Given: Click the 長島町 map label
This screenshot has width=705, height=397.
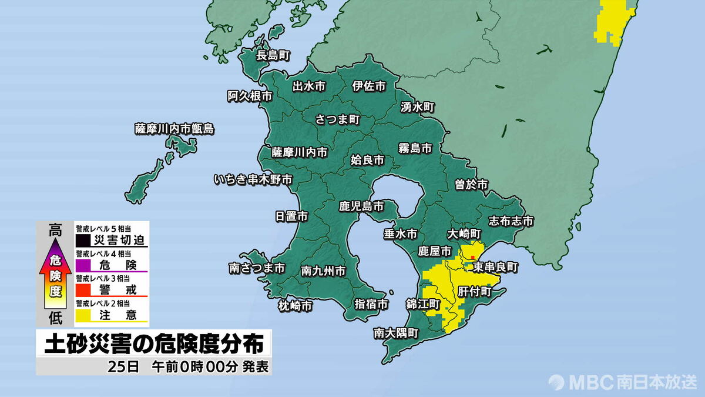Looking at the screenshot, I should (273, 56).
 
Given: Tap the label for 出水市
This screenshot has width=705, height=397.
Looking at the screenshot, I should (309, 86).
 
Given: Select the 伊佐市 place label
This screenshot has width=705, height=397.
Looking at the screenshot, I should (369, 86).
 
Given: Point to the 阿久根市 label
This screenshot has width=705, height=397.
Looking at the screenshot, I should (250, 96).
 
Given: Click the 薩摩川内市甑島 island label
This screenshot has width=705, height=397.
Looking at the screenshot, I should (174, 129).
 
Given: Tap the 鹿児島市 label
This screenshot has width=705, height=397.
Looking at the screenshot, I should (361, 206).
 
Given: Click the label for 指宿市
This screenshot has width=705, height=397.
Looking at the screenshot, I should (371, 304).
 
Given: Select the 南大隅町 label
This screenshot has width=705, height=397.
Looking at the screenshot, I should (396, 333).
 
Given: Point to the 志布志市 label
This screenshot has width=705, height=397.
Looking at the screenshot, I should (511, 221).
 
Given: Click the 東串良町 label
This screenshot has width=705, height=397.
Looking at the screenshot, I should (496, 266).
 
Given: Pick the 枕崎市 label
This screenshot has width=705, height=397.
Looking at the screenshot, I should (295, 305).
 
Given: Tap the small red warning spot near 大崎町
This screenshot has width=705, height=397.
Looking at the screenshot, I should (472, 257).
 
